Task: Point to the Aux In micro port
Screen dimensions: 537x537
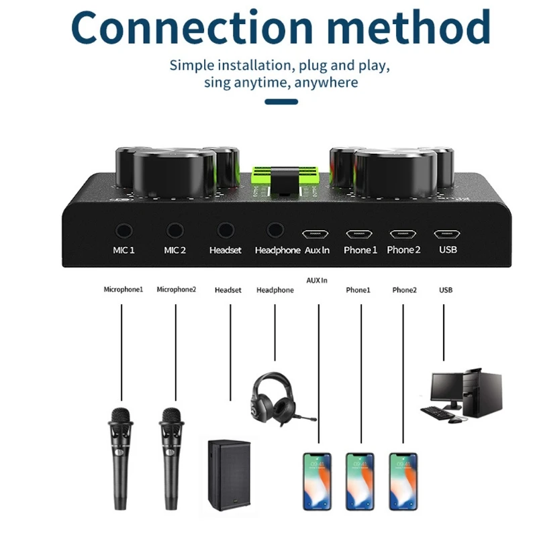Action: pyautogui.click(x=315, y=234)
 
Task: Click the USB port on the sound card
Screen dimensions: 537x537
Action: pyautogui.click(x=446, y=234)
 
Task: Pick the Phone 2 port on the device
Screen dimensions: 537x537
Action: pyautogui.click(x=403, y=234)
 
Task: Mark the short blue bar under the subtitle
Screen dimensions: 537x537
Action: pyautogui.click(x=281, y=102)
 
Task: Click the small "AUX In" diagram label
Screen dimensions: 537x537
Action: pyautogui.click(x=316, y=280)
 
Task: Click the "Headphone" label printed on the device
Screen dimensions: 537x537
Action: pyautogui.click(x=277, y=250)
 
